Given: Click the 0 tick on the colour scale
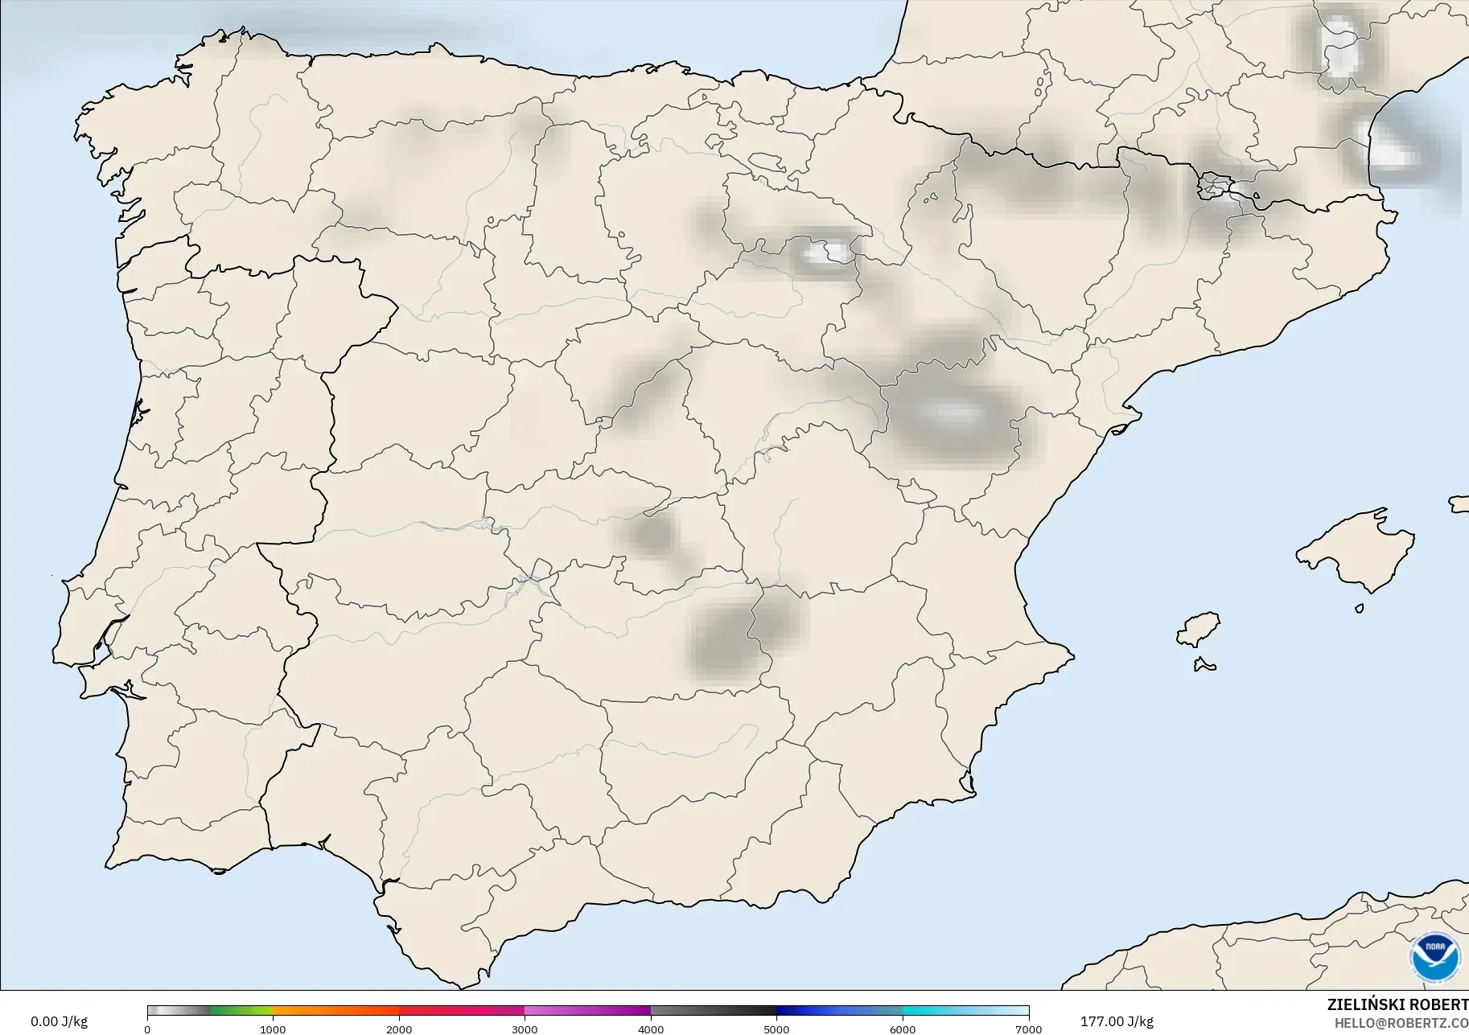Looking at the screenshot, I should coord(147,1029).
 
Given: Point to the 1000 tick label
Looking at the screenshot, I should coord(273,1029).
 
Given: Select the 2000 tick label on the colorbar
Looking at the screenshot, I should coord(399,1029).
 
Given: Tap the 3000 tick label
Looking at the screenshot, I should coord(525,1029).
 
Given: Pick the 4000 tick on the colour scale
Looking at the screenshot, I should coord(651,1029).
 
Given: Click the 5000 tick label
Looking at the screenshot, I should coord(776,1029).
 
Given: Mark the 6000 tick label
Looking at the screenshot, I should coord(903,1029).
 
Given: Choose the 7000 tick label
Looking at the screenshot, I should coord(1028,1029).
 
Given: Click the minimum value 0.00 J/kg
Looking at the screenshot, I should coord(59,1021).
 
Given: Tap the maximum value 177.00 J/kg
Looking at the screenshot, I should coord(1117,1021).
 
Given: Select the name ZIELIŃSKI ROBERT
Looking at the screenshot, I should coord(1397,1005).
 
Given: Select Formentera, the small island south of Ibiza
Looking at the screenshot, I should coord(1204,664).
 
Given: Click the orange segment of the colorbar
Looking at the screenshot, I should coord(336,1011).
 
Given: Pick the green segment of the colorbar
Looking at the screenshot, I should coord(241,1011).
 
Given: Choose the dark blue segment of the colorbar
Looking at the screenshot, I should coord(813,1011).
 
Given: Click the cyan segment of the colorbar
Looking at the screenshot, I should coord(933,1011).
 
